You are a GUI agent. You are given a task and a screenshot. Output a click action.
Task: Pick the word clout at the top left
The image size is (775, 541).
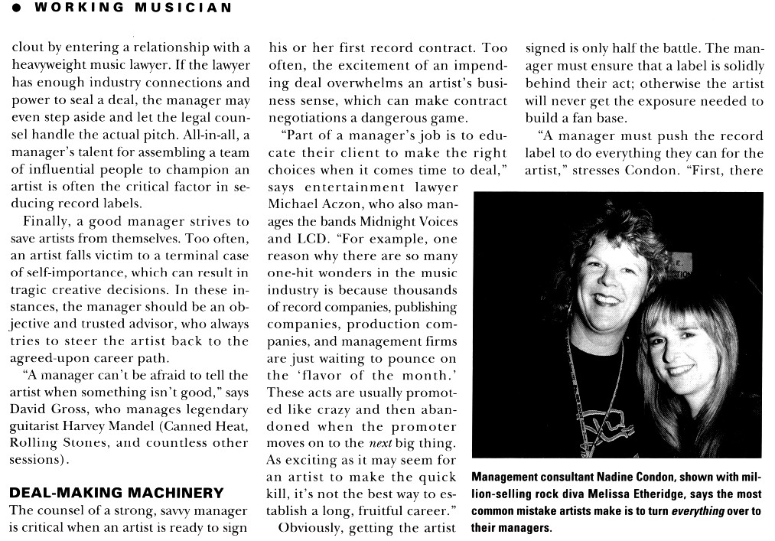coord(28,47)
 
